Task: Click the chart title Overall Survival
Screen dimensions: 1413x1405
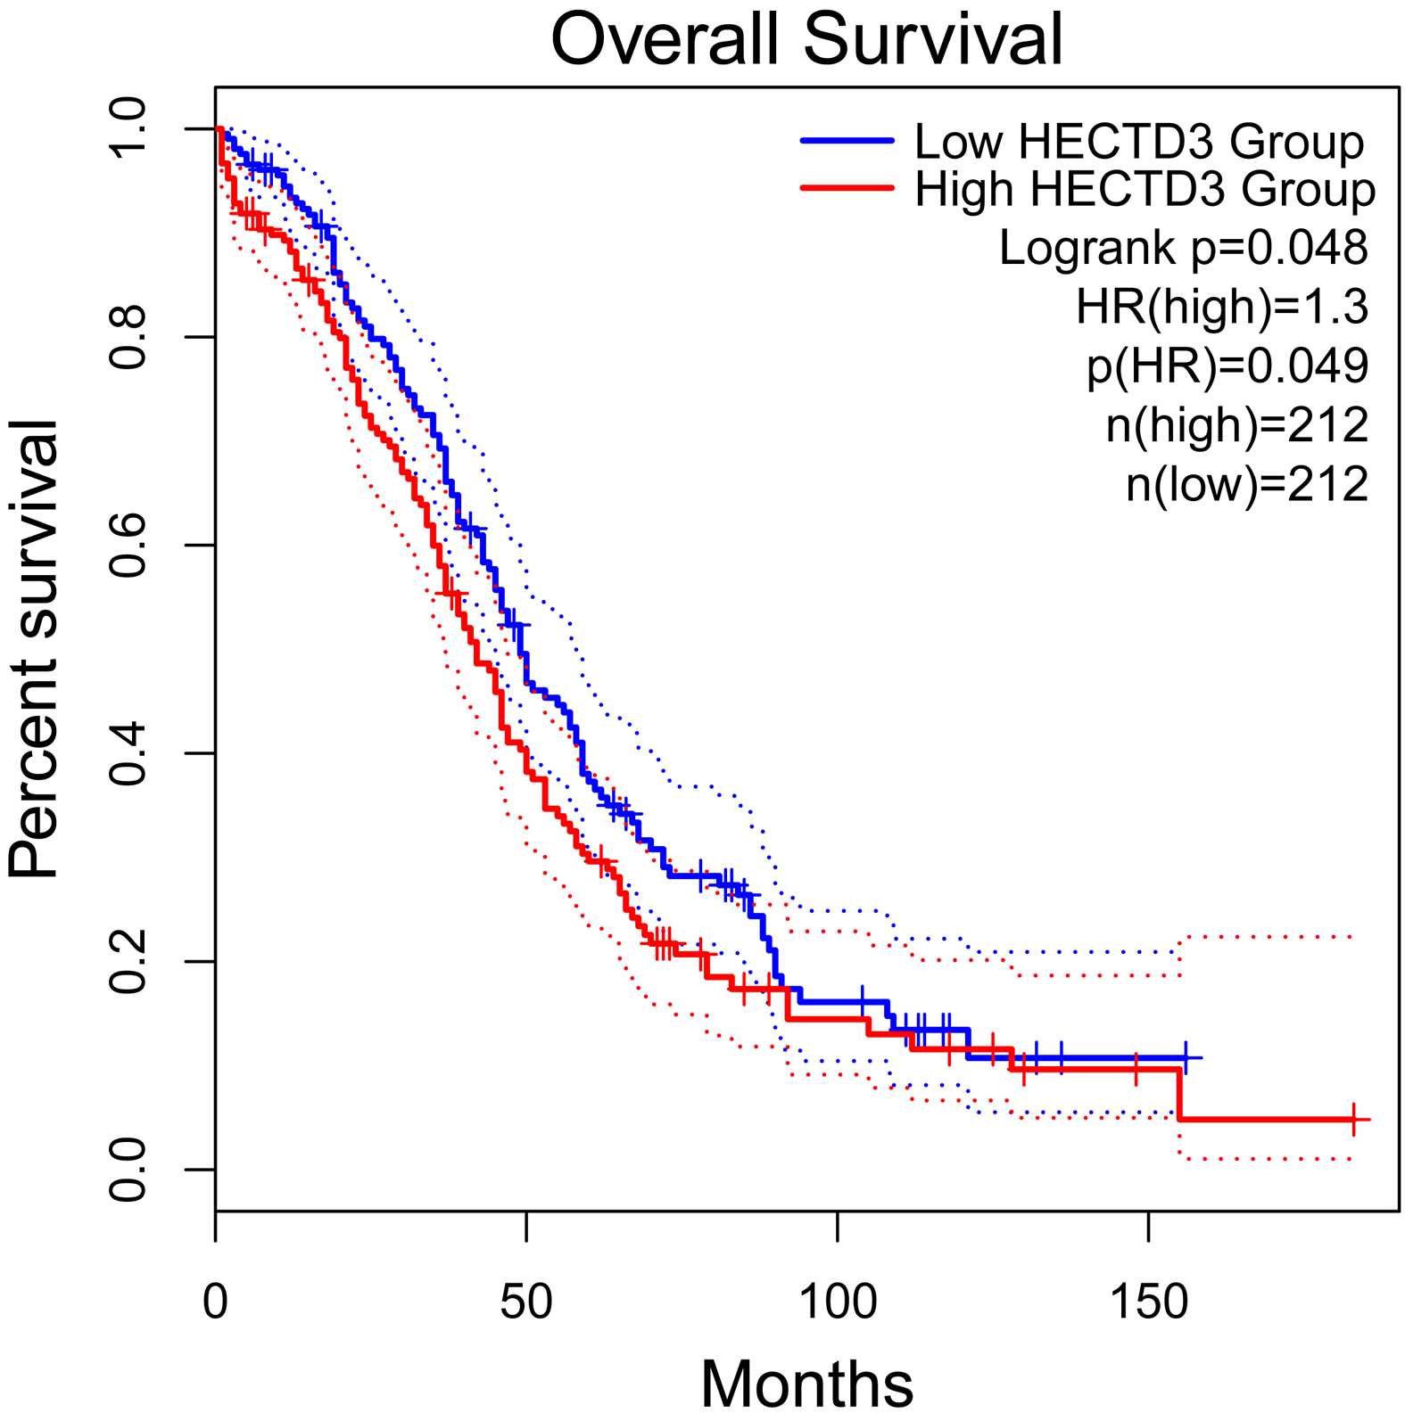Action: coord(807,39)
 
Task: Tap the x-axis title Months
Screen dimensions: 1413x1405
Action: coord(806,1382)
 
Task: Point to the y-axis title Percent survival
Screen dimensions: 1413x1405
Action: coord(33,649)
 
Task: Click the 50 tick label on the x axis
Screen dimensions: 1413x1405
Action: coord(526,1302)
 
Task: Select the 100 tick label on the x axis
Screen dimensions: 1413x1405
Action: coord(838,1302)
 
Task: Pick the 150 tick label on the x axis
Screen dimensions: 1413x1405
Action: coord(1148,1302)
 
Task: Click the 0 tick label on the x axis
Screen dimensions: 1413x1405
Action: coord(215,1302)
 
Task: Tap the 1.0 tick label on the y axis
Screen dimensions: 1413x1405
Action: coord(128,129)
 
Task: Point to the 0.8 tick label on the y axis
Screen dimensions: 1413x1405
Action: coord(128,337)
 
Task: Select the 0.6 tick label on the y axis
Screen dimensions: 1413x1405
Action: coord(128,545)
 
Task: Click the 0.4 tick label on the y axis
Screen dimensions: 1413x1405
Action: coord(128,753)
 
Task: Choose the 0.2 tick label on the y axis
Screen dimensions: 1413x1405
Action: coord(128,961)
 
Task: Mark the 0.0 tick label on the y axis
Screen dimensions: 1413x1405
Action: coord(128,1169)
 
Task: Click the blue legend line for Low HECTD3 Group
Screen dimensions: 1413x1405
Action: coord(847,141)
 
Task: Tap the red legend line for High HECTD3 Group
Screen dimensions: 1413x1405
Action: coord(847,188)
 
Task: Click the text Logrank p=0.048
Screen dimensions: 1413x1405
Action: coord(1183,248)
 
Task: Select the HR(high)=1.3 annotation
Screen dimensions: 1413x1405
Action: coord(1221,307)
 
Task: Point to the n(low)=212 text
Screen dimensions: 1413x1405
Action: coord(1246,484)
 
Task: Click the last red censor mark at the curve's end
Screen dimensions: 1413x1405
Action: coord(1354,1119)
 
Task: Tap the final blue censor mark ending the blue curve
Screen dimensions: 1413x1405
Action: coord(1186,1057)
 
